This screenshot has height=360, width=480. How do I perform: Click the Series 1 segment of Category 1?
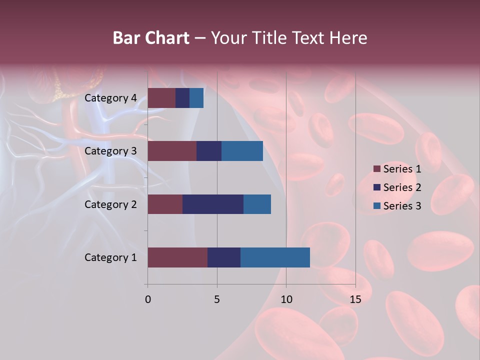click(x=177, y=257)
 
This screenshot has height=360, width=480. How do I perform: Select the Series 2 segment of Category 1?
click(x=224, y=257)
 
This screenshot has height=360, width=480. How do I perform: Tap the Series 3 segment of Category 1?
click(x=275, y=257)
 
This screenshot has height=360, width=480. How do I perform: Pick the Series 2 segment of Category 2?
click(x=213, y=204)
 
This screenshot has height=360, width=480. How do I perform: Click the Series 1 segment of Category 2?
click(x=165, y=204)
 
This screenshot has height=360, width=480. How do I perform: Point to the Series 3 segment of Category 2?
click(x=257, y=204)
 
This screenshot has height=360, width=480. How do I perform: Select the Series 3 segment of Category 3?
click(x=242, y=151)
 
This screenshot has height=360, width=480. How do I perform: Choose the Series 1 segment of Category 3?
click(x=172, y=151)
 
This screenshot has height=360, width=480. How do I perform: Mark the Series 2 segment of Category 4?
click(x=182, y=98)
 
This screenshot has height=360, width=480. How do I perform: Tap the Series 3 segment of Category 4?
click(x=196, y=98)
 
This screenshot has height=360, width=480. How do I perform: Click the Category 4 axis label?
click(x=110, y=98)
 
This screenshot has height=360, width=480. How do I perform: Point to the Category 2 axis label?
click(x=110, y=204)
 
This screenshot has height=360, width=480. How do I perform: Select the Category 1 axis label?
click(x=110, y=257)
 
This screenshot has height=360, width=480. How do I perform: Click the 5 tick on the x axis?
click(x=217, y=299)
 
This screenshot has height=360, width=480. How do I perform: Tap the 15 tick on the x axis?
click(x=355, y=299)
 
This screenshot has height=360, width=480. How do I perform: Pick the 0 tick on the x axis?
click(x=148, y=299)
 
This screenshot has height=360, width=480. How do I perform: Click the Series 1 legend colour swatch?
click(x=377, y=169)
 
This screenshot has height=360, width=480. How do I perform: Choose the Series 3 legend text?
click(x=402, y=206)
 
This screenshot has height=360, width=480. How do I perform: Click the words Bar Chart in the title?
click(x=150, y=38)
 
